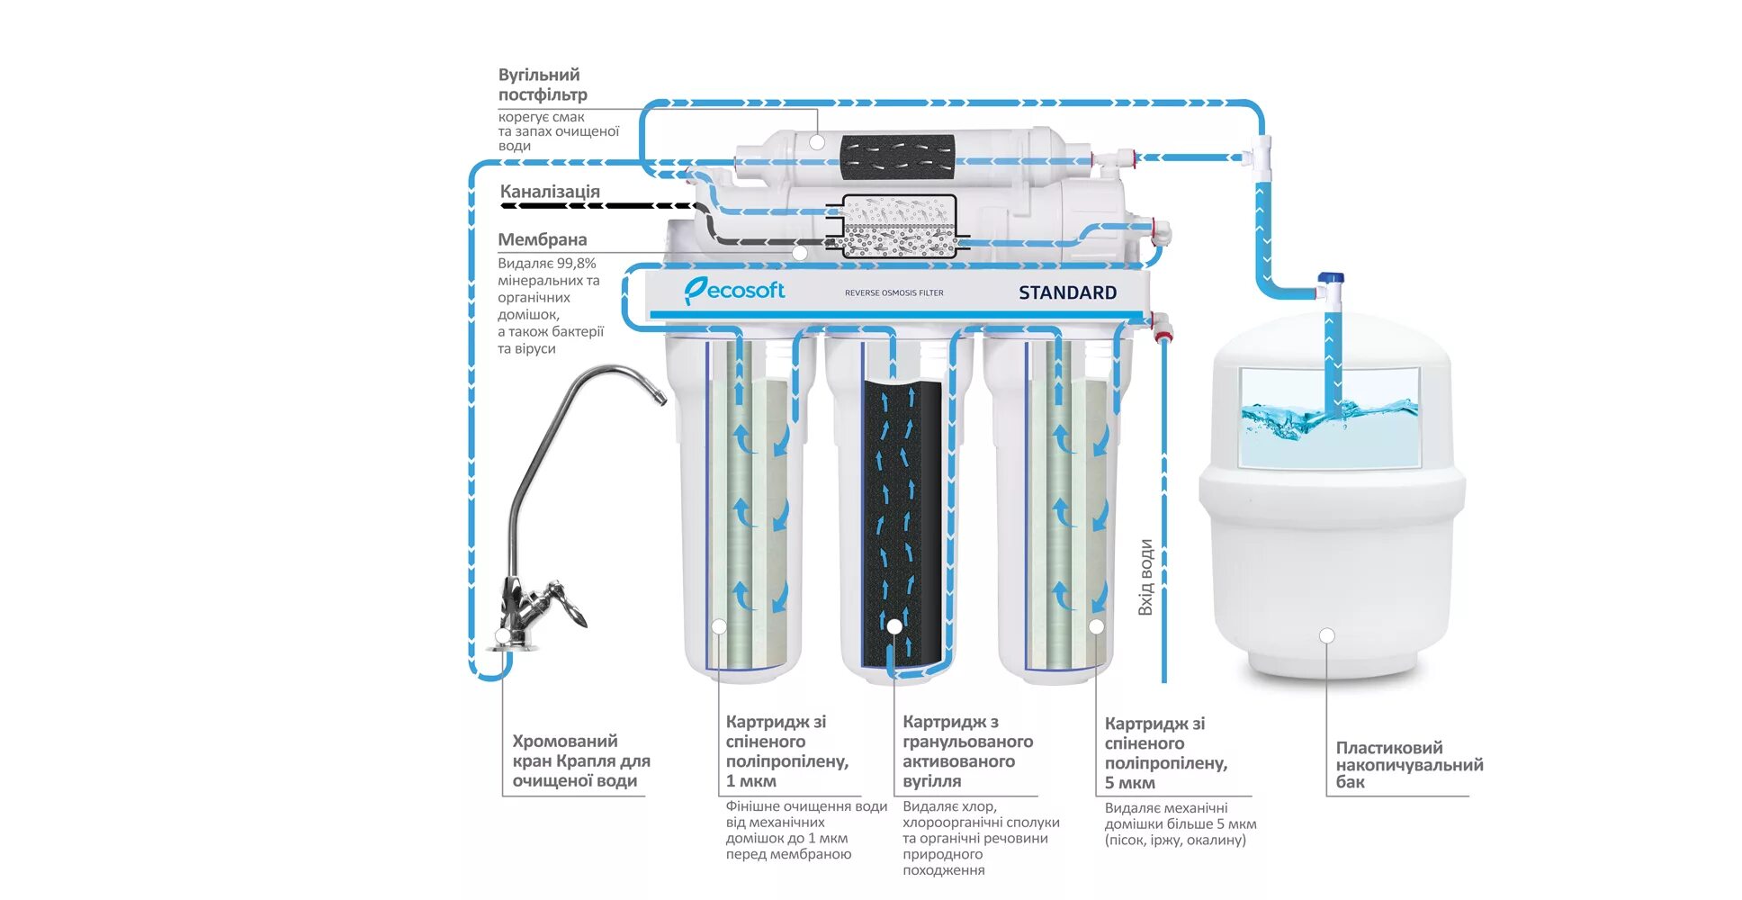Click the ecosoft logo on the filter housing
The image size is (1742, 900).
pos(734,291)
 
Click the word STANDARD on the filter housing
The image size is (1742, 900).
pos(1067,292)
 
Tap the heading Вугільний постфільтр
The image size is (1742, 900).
pos(542,85)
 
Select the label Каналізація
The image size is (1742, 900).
pos(550,192)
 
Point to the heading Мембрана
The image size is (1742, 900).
pos(542,239)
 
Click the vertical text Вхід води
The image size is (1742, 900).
pos(1145,577)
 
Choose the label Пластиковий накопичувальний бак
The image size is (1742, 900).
pos(1408,764)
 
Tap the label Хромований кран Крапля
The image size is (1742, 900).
pos(580,760)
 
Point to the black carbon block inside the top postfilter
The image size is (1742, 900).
pos(897,157)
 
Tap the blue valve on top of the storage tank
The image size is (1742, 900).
pos(1331,280)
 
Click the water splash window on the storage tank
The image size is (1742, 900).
pos(1329,417)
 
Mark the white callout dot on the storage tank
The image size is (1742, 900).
pos(1326,635)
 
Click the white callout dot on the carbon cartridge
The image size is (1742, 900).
pos(894,626)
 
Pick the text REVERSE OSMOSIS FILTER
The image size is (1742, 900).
pos(893,293)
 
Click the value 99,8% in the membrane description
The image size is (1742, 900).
pos(576,264)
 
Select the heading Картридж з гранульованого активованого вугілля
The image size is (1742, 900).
pos(966,751)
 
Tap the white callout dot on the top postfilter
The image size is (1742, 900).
pos(816,142)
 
